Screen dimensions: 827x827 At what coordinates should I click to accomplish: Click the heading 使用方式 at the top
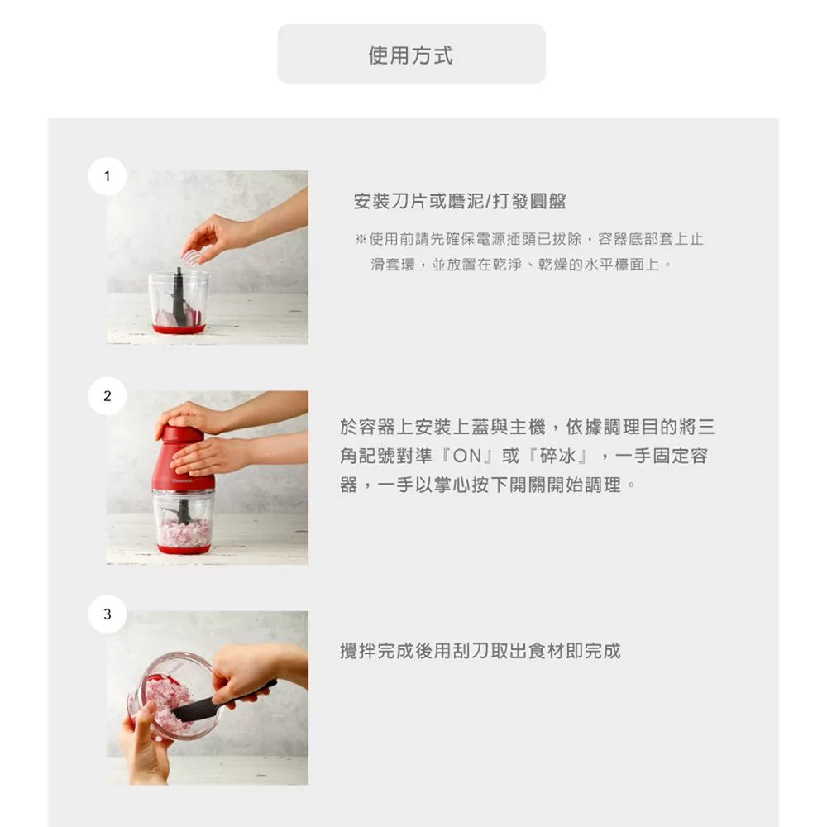click(410, 55)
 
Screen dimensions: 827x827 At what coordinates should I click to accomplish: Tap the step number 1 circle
click(107, 176)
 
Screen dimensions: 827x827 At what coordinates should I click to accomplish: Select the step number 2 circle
click(107, 395)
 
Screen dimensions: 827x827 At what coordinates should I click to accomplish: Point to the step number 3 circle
click(107, 614)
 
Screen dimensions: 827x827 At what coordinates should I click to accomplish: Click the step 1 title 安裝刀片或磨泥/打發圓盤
click(460, 201)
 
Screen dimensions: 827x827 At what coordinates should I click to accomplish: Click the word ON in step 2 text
click(467, 456)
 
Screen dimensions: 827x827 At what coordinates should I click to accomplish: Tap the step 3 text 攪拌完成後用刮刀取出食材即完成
click(480, 651)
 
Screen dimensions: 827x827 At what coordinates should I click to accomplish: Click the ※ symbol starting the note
click(361, 239)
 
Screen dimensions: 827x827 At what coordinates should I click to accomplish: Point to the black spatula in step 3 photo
click(225, 701)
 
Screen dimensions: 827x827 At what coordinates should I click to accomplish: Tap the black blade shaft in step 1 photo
click(179, 297)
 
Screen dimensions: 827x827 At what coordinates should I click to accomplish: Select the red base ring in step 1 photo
click(179, 328)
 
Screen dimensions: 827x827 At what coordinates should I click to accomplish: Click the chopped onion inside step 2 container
click(183, 533)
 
